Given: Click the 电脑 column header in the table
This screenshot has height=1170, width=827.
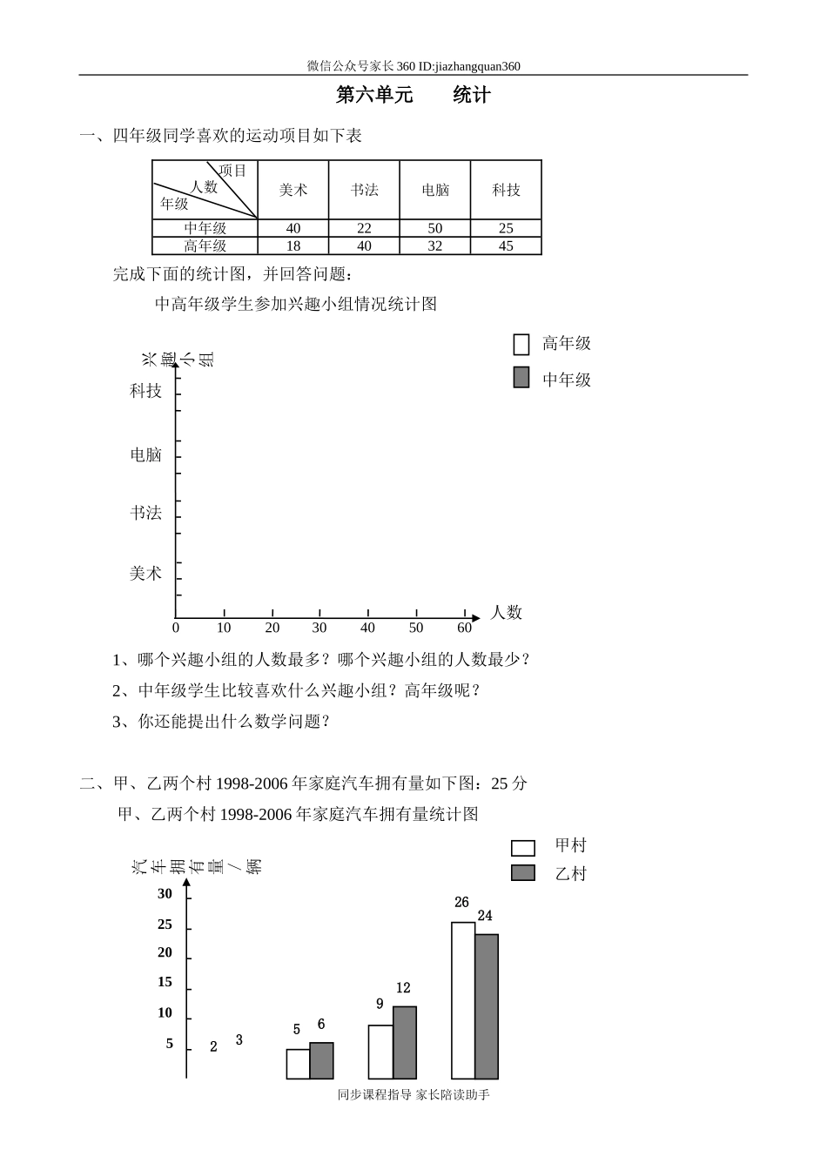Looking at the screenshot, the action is tap(435, 190).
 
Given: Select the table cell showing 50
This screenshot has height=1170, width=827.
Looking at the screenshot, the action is tap(435, 228).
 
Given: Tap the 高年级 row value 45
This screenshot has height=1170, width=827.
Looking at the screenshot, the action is tap(506, 246).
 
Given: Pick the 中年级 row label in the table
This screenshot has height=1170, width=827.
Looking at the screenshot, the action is tap(205, 228).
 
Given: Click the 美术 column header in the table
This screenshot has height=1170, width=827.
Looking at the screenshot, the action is tap(293, 190).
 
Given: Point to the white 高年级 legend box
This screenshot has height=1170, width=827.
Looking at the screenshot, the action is tap(521, 345).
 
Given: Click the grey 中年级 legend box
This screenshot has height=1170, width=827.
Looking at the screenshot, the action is tap(521, 377).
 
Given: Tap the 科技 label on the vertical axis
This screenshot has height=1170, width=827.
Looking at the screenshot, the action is tap(146, 391).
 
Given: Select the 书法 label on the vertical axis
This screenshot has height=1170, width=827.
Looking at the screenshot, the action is tap(146, 513).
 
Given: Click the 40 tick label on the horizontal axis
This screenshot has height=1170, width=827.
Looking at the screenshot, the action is tap(367, 628).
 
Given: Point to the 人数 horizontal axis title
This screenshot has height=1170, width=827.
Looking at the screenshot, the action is tap(506, 612).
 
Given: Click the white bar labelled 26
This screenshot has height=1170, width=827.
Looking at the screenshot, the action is tap(463, 1000).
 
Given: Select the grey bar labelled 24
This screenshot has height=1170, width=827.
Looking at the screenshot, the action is tap(487, 1006).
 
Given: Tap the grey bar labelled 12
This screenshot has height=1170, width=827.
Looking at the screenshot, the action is tap(405, 1042).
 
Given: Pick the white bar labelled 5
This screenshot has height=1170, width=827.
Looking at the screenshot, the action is tap(299, 1064).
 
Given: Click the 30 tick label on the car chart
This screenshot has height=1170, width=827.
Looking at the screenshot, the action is tap(165, 893).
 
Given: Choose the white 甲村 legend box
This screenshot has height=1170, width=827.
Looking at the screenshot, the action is tap(523, 847).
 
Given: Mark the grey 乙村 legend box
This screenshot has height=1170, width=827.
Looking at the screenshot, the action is tap(523, 873).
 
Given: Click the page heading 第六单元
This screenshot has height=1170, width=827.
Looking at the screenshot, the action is tap(374, 96).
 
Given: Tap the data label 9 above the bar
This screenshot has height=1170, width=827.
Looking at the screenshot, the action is tap(380, 1004).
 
